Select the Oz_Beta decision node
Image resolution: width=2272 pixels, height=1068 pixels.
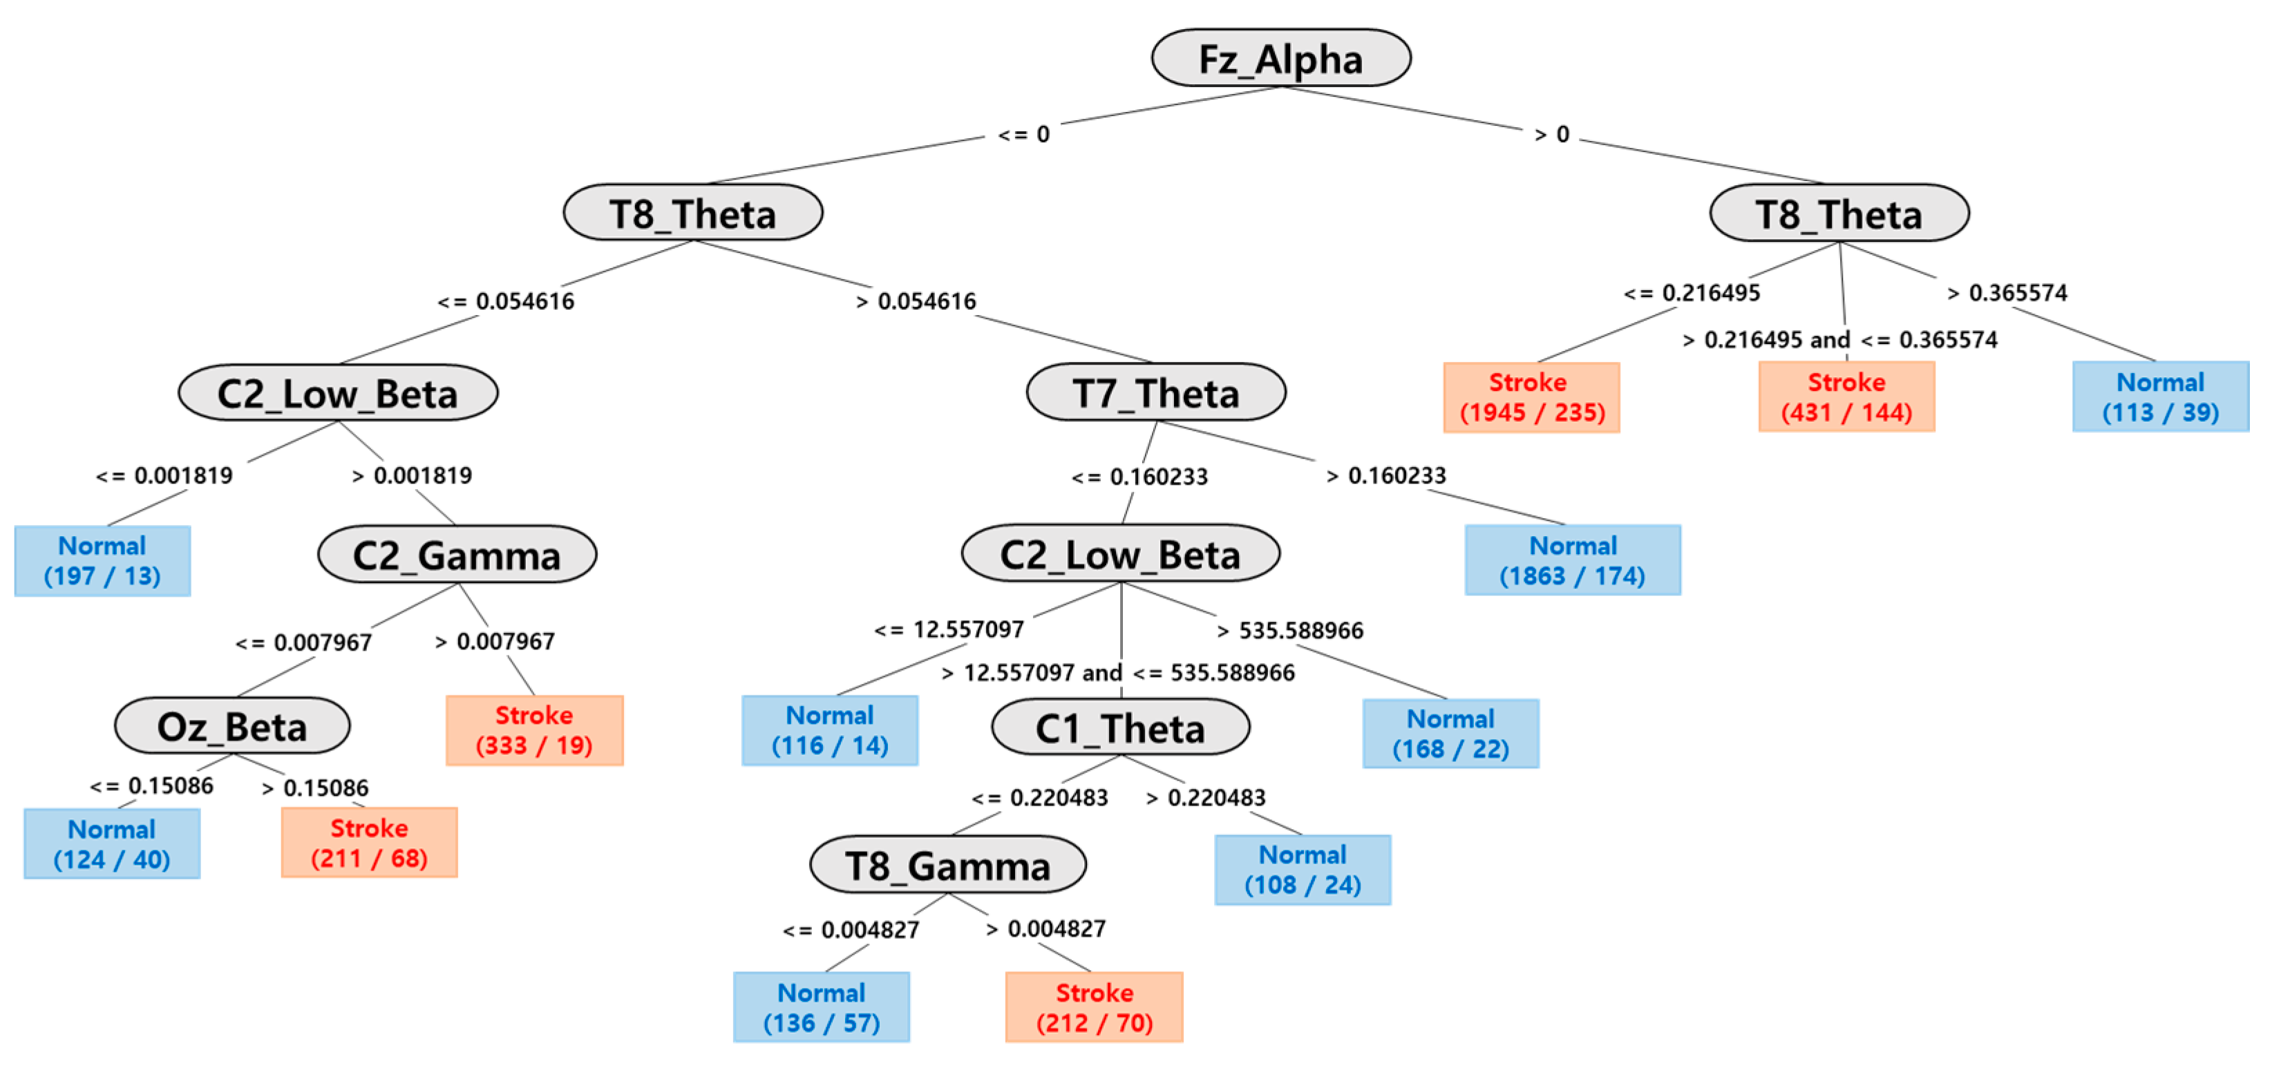point(232,727)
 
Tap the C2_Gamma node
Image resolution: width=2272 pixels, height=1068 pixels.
point(457,555)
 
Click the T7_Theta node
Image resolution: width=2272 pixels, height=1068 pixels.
point(1155,393)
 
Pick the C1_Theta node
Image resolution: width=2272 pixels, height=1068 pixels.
point(1120,728)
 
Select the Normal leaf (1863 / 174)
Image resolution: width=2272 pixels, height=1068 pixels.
point(1573,561)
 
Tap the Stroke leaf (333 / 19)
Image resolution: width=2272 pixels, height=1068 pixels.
point(534,730)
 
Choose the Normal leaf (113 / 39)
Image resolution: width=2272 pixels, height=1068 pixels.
point(2160,397)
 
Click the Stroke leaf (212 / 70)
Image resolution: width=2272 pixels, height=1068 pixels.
point(1094,1007)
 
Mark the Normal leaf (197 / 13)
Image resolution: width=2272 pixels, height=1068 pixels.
point(102,561)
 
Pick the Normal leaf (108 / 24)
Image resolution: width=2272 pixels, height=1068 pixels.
point(1302,870)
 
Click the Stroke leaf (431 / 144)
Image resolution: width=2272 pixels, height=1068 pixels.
point(1846,397)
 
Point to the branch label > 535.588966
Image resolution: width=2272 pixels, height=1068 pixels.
point(1289,631)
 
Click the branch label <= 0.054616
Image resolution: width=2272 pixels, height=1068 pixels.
point(507,302)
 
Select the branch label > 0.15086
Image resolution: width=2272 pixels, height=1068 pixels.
point(315,788)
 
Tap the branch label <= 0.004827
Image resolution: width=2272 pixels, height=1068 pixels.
point(851,930)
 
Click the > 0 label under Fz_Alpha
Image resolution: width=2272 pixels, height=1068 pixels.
point(1551,135)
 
